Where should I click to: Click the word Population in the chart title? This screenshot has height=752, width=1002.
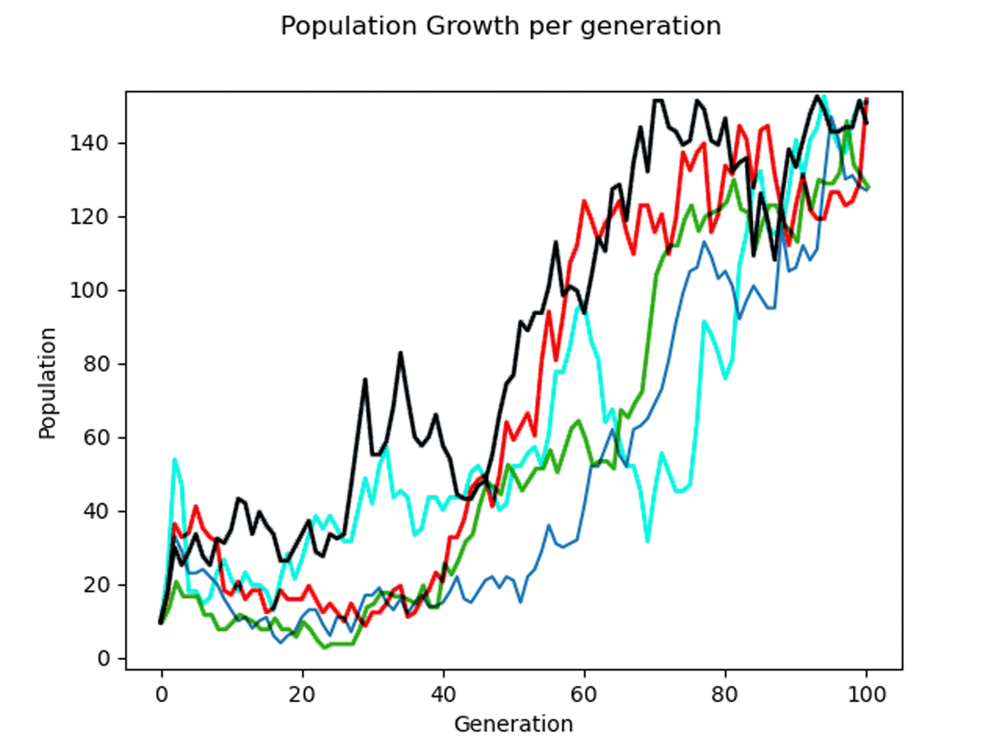(348, 26)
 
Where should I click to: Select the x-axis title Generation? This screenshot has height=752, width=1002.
(513, 724)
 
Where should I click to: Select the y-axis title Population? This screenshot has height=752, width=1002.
(47, 383)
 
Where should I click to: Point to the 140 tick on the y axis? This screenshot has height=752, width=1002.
(89, 144)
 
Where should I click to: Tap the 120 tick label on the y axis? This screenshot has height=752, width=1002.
(89, 217)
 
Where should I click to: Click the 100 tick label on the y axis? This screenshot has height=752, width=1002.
(89, 291)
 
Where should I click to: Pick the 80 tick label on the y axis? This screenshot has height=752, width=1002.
(95, 364)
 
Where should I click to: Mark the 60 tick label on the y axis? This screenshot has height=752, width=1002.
(95, 438)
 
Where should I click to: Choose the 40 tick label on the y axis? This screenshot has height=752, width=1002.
(95, 511)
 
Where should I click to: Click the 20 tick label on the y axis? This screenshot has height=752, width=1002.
(95, 585)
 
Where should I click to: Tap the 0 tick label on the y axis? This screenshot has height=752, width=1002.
(103, 659)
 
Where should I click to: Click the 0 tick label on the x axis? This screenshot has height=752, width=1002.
(161, 695)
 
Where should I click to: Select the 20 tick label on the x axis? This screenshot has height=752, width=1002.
(302, 695)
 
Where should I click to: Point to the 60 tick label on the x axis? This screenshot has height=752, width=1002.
(584, 695)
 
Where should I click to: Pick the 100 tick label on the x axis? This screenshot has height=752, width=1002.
(866, 695)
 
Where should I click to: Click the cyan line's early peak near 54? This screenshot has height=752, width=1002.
(175, 460)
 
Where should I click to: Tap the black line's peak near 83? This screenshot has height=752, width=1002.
(400, 353)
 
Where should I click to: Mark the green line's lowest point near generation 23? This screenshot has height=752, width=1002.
(325, 648)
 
